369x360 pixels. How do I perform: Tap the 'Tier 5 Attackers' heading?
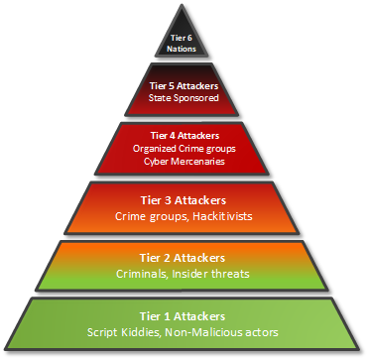pyautogui.click(x=184, y=86)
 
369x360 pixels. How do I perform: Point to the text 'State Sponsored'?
pyautogui.click(x=184, y=99)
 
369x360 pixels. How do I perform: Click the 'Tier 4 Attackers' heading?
pyautogui.click(x=184, y=134)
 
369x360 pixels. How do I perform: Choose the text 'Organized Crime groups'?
pyautogui.click(x=184, y=147)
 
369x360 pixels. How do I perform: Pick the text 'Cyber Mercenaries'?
pyautogui.click(x=184, y=160)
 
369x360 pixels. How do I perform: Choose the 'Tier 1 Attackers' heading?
pyautogui.click(x=184, y=315)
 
